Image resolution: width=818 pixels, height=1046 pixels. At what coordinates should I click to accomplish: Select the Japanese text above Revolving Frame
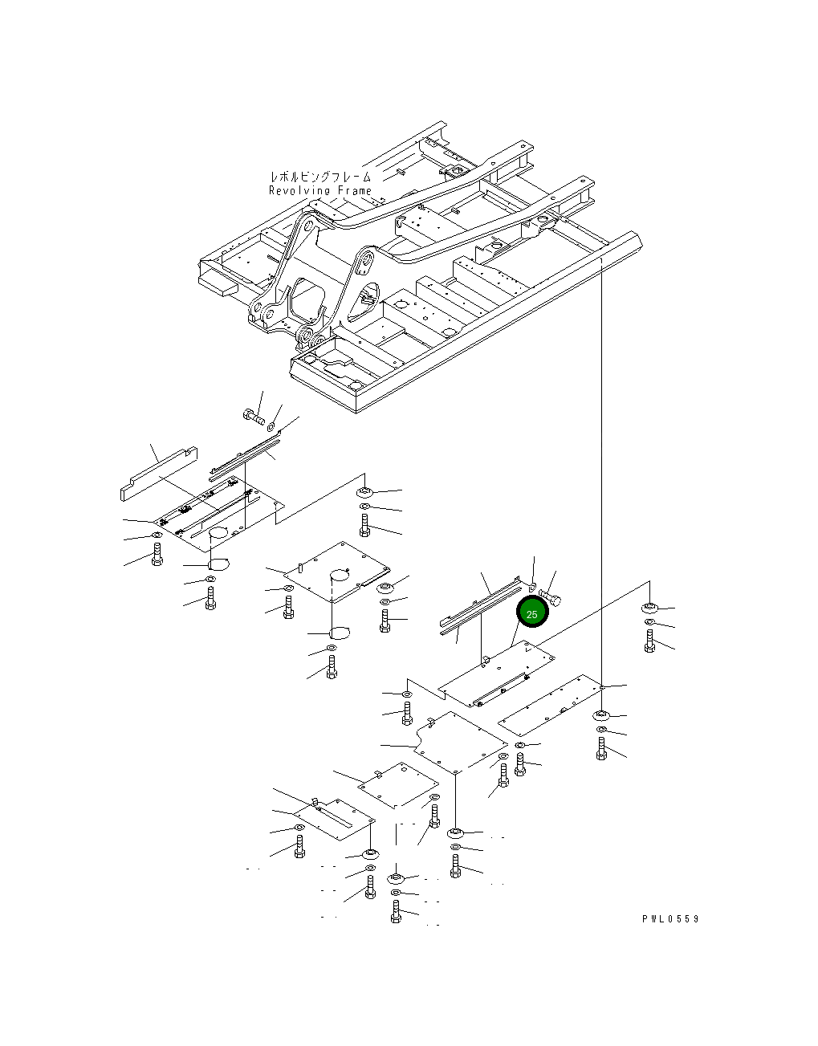(x=320, y=177)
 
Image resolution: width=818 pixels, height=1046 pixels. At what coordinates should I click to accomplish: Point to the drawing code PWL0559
(x=670, y=919)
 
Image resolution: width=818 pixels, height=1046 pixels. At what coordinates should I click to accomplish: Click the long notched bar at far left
(x=157, y=474)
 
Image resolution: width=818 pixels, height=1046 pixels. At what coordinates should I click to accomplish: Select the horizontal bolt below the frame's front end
(x=251, y=416)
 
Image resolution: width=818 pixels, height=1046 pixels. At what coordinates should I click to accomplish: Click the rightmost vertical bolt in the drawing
(x=649, y=640)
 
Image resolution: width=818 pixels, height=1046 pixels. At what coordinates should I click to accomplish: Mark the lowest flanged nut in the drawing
(x=396, y=876)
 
